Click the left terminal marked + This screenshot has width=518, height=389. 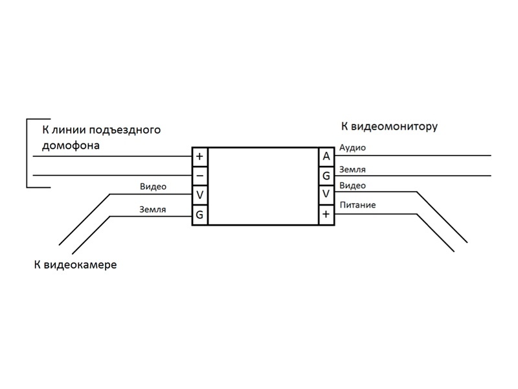(x=199, y=156)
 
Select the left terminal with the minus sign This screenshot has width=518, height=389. (x=199, y=176)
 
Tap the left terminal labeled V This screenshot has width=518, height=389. (x=199, y=195)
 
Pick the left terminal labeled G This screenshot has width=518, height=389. (x=199, y=215)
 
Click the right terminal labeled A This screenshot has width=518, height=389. (x=326, y=156)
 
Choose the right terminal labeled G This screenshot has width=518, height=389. (x=326, y=176)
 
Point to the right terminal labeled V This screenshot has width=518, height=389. (x=326, y=195)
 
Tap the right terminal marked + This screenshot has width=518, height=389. (x=326, y=215)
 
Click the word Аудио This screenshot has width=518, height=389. (x=353, y=148)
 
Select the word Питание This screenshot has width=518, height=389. (x=357, y=206)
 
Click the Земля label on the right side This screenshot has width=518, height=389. (x=353, y=169)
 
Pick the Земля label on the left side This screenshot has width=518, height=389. (x=153, y=209)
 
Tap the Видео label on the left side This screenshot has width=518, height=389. (x=153, y=187)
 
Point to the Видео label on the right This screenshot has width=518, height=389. (x=353, y=186)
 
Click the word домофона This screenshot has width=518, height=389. (x=71, y=145)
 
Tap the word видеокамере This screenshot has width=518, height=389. (x=80, y=265)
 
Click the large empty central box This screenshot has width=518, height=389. (x=263, y=185)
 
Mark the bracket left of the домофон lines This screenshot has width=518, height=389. (x=27, y=154)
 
